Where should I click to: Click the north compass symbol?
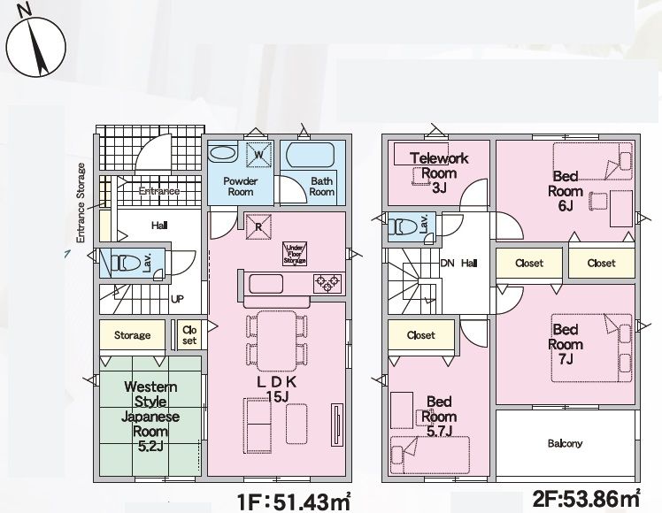pyautogui.click(x=35, y=45)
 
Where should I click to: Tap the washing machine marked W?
pyautogui.click(x=258, y=155)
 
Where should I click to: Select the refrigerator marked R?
pyautogui.click(x=258, y=227)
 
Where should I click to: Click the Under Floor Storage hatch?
pyautogui.click(x=295, y=254)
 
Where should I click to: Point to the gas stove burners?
pyautogui.click(x=327, y=283)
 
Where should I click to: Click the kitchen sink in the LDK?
pyautogui.click(x=266, y=284)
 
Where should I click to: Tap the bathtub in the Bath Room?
pyautogui.click(x=310, y=155)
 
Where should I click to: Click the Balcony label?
pyautogui.click(x=565, y=443)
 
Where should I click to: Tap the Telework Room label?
pyautogui.click(x=439, y=165)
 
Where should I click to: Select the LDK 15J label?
pyautogui.click(x=277, y=389)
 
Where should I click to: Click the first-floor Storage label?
pyautogui.click(x=132, y=335)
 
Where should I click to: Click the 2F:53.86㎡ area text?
pyautogui.click(x=586, y=498)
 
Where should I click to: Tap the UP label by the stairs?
pyautogui.click(x=177, y=299)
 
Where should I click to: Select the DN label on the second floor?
pyautogui.click(x=448, y=264)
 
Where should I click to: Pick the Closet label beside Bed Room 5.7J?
pyautogui.click(x=421, y=335)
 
